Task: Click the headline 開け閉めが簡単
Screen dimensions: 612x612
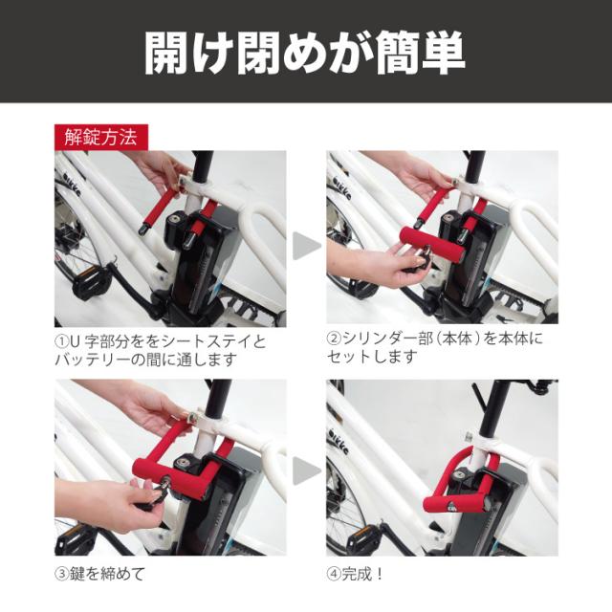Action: coord(305,54)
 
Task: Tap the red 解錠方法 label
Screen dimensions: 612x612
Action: coord(101,138)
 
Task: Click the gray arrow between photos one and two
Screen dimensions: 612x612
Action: coord(306,246)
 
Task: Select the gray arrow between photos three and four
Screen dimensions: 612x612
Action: coord(306,471)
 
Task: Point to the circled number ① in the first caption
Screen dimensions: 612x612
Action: coord(62,342)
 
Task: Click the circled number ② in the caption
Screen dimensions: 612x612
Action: coord(334,339)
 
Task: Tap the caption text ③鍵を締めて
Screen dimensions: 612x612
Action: coord(99,574)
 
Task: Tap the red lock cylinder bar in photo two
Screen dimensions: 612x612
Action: coord(432,246)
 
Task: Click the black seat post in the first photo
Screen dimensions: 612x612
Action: coord(203,167)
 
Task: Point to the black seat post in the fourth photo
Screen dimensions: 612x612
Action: coord(492,409)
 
